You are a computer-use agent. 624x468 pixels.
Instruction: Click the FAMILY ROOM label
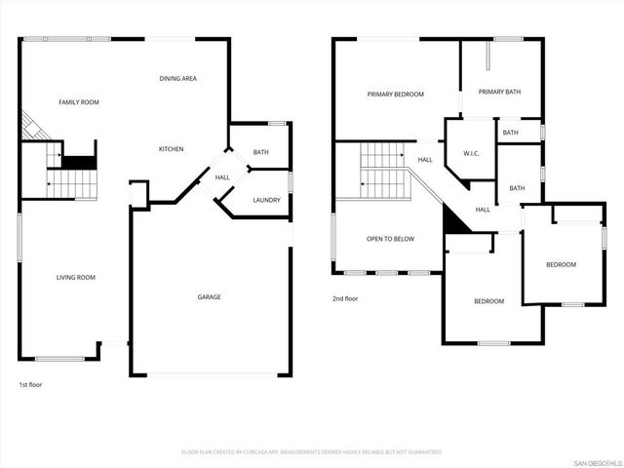(79, 102)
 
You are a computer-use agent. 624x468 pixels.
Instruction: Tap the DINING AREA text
(178, 78)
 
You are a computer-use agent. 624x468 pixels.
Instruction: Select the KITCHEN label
(172, 149)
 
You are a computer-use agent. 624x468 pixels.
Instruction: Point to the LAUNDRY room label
(266, 200)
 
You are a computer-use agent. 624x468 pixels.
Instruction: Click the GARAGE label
(209, 296)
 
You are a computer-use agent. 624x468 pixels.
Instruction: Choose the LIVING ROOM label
(75, 278)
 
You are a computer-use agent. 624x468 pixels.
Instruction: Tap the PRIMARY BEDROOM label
(396, 95)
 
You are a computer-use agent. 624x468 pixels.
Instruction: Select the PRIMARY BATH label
(499, 92)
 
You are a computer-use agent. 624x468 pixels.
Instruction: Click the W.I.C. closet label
(471, 153)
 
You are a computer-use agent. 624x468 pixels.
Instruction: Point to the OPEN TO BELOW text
(389, 239)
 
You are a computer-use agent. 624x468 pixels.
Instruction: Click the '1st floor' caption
(30, 384)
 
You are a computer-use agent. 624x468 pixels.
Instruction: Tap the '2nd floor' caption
(345, 298)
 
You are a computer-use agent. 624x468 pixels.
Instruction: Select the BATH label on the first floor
(261, 152)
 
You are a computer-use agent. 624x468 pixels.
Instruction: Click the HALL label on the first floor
(222, 177)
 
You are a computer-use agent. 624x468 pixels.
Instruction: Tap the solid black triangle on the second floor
(453, 221)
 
